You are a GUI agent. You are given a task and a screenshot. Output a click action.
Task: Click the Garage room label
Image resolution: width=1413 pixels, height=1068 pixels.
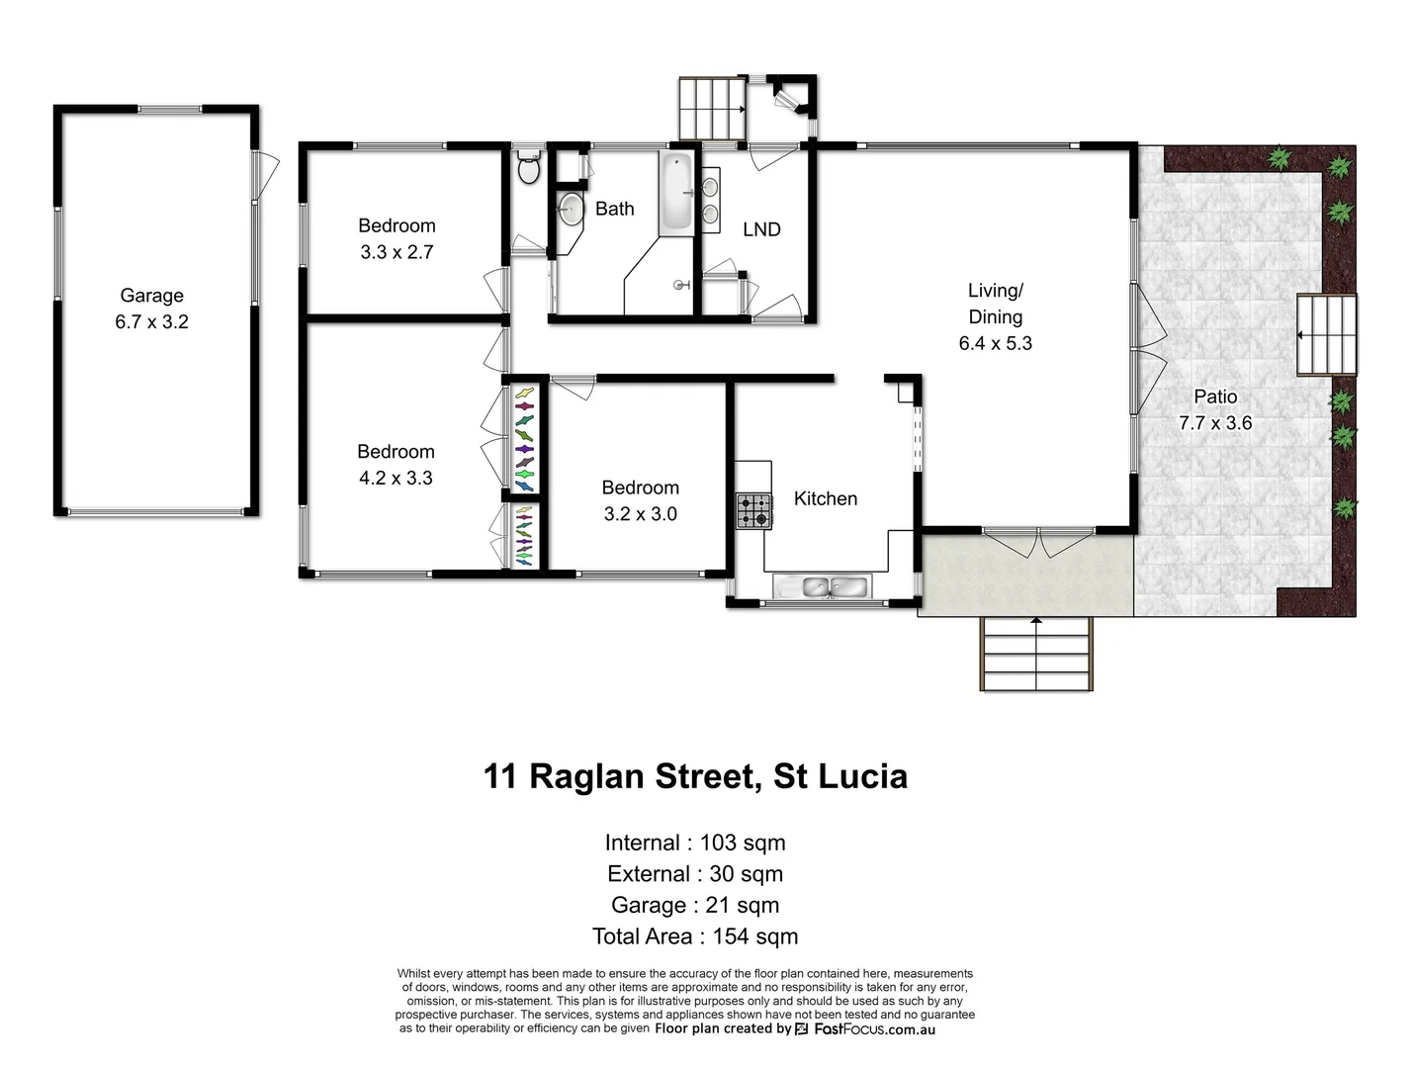click(x=151, y=295)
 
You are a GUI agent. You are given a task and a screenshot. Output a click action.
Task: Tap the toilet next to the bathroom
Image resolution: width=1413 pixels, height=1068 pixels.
click(x=529, y=168)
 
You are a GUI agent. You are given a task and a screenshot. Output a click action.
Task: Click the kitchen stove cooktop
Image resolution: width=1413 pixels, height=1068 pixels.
click(x=753, y=511)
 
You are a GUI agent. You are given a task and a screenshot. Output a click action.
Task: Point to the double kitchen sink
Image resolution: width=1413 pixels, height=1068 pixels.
click(x=820, y=587)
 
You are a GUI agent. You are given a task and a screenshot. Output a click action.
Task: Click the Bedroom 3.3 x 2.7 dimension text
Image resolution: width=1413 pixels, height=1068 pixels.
click(x=397, y=252)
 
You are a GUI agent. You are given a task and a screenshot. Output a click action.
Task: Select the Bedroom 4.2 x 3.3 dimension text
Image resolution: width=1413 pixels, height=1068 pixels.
click(x=396, y=478)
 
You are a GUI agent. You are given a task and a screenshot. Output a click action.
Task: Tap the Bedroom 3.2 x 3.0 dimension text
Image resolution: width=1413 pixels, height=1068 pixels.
click(x=640, y=514)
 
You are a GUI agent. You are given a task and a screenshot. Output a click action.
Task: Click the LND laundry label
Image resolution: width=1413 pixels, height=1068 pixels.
click(x=761, y=229)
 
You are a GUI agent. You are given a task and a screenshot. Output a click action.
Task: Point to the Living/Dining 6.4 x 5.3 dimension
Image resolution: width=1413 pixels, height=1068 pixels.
click(x=995, y=343)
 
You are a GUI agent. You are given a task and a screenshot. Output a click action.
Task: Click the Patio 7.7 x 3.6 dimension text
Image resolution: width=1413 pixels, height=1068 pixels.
click(x=1214, y=423)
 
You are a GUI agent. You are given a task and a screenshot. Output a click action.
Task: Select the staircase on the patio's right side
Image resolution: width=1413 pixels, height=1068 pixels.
click(x=1326, y=335)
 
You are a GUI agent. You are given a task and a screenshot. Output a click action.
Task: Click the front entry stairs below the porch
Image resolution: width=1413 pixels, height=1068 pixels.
click(x=1036, y=654)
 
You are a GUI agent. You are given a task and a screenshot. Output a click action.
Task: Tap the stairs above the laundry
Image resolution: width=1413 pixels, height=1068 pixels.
click(x=711, y=109)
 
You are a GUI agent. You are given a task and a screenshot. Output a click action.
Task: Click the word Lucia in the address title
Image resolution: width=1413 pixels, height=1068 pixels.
click(x=858, y=776)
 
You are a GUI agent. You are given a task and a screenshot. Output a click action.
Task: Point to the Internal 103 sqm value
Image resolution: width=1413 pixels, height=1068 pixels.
click(x=742, y=843)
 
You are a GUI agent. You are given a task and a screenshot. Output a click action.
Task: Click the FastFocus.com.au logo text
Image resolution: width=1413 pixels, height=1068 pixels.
click(x=873, y=1029)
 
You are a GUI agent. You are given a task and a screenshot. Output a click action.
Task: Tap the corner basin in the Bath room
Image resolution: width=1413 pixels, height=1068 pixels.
click(x=571, y=209)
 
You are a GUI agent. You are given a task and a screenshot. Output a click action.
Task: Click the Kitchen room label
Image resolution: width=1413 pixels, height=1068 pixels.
click(x=825, y=499)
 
